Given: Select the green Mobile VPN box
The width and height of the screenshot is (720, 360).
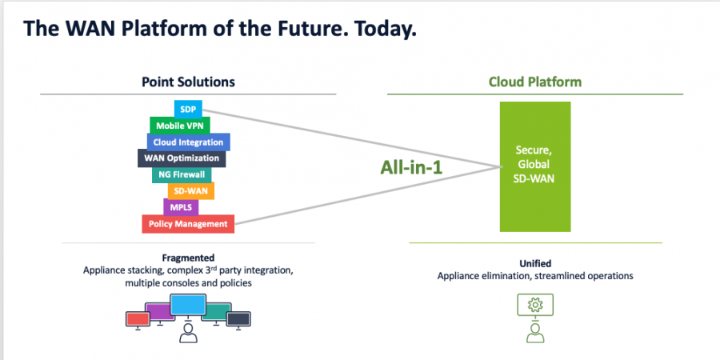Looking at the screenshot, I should point(178,125).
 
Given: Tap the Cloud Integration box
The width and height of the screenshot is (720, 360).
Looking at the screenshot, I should point(189,142).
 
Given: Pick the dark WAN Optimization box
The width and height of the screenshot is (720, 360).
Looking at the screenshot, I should point(182,158).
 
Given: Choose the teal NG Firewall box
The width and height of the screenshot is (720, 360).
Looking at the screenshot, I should point(182,174).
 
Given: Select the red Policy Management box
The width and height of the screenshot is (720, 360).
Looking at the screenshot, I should point(188,224).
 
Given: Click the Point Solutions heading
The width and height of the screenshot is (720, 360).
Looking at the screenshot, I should point(189,82).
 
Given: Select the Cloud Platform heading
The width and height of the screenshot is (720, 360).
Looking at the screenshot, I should point(535,82).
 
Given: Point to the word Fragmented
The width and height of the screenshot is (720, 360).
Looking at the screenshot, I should point(188,258).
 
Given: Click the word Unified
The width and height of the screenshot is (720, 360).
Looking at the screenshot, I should point(535,263).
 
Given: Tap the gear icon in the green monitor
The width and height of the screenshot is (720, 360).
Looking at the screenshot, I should point(536,305).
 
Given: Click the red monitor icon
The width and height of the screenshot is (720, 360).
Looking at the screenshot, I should point(138,318).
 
